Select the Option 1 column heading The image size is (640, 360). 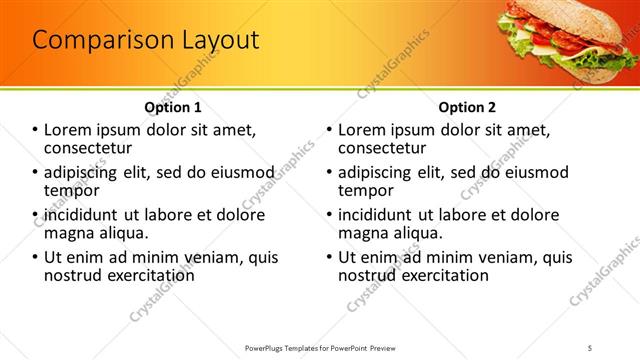coord(173,107)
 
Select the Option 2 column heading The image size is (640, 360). coord(466,107)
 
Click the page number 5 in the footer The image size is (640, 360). coord(591,347)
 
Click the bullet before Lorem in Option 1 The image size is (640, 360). coord(35,130)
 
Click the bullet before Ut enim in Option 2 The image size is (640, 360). coord(329,257)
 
